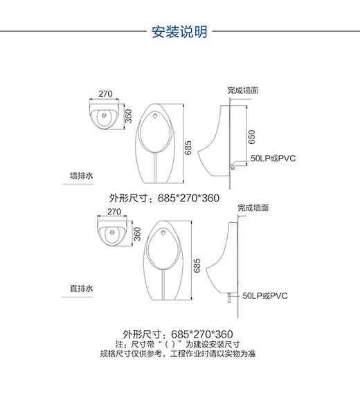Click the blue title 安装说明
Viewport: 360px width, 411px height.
click(179, 32)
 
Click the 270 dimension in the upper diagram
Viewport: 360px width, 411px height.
click(105, 94)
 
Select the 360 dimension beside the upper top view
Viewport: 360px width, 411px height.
click(128, 116)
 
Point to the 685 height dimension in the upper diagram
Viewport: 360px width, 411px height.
click(188, 148)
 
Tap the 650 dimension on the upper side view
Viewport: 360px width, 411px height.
click(251, 137)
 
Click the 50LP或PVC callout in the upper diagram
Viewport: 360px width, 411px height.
click(273, 158)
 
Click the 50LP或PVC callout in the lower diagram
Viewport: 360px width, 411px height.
click(265, 296)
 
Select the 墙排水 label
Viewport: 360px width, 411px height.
click(81, 176)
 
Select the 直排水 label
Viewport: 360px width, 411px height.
click(81, 289)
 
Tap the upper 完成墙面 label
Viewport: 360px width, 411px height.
click(243, 91)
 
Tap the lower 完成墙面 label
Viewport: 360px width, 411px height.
click(253, 208)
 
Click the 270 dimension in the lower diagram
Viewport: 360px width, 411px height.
click(114, 212)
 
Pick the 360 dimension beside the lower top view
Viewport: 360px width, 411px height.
click(137, 234)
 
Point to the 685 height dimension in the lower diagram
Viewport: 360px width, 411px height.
click(197, 266)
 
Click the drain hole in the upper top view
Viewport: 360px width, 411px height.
click(104, 115)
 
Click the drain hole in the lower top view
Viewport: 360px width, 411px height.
click(112, 232)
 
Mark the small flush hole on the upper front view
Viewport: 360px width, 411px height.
click(155, 116)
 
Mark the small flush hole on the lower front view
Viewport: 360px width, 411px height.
click(163, 232)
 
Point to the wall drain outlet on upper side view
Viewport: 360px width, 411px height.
click(233, 166)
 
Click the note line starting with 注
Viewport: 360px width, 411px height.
click(178, 345)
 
